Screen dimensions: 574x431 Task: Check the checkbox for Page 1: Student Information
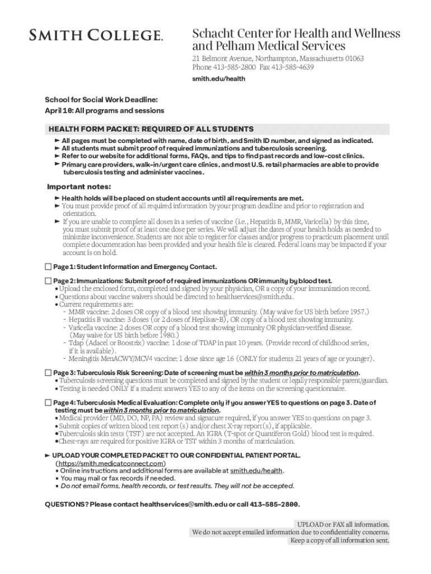tap(48, 267)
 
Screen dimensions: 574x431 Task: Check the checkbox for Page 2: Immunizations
tap(48, 280)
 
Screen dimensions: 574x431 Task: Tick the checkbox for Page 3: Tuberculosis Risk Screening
tap(48, 373)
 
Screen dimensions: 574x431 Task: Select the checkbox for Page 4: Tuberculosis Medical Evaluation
tap(48, 402)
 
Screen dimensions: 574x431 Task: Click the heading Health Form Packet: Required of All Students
tap(151, 129)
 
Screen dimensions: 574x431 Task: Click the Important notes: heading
tap(79, 187)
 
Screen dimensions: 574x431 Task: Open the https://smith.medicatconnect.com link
tap(110, 464)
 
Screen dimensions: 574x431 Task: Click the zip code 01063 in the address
tap(354, 59)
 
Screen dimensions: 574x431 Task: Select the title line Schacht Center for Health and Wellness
tap(296, 34)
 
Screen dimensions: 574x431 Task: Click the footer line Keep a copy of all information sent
tap(339, 540)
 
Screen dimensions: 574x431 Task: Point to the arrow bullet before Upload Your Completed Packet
tap(48, 455)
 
